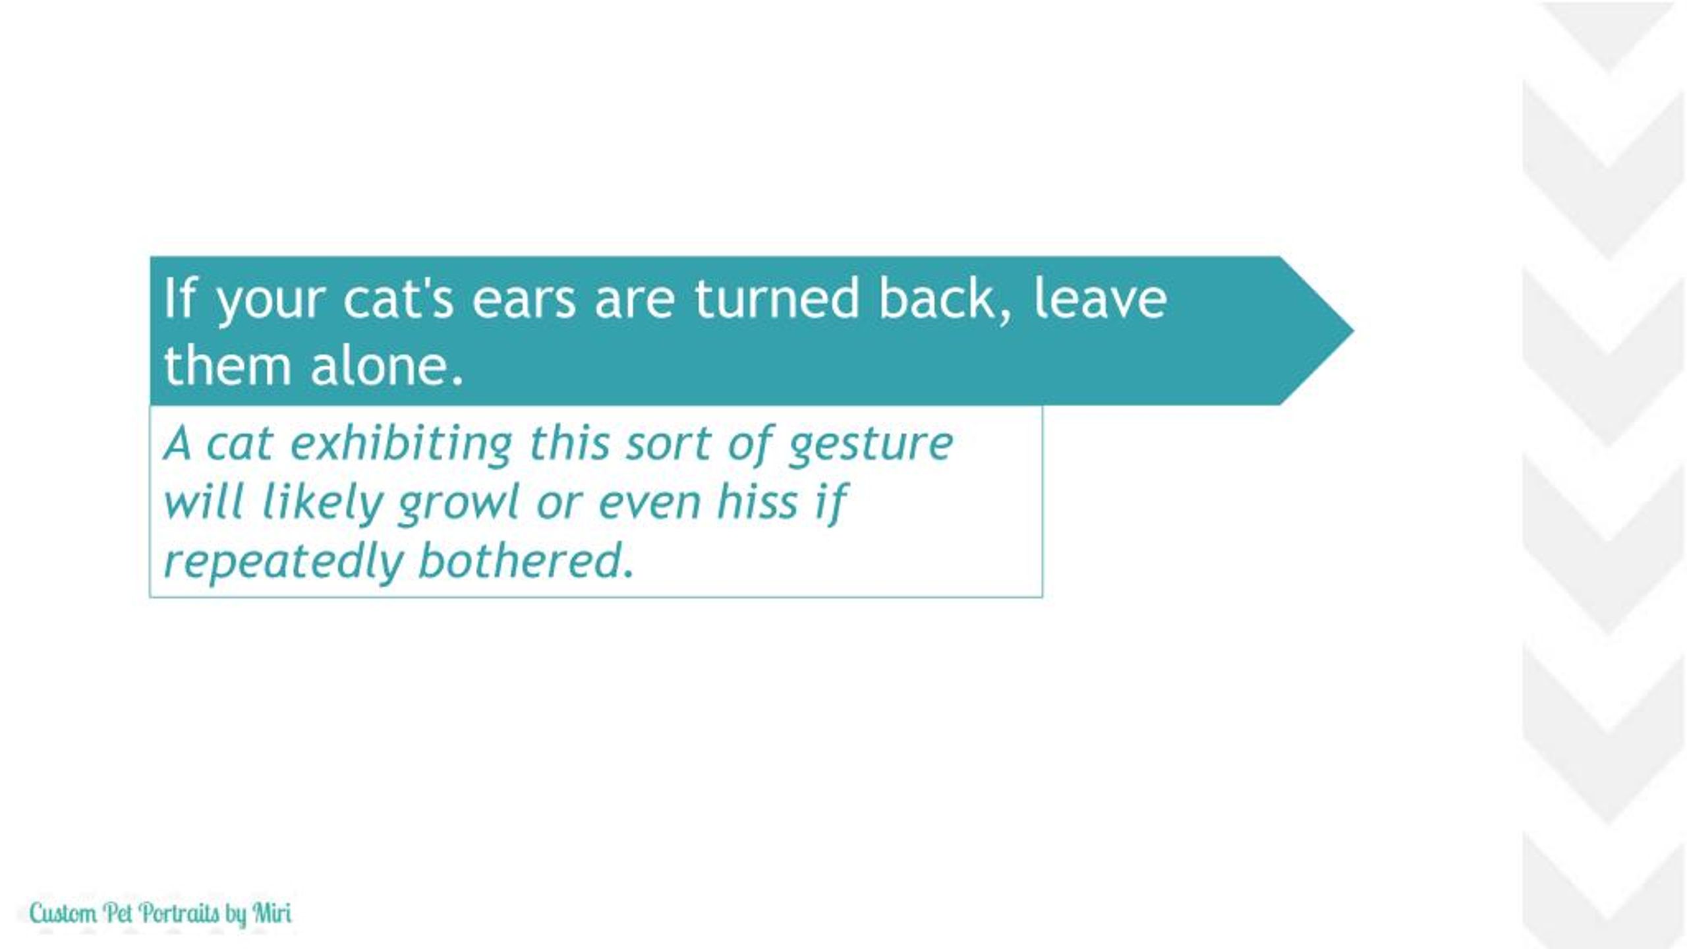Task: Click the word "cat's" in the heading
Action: pos(398,300)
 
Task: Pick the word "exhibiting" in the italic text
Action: pos(401,445)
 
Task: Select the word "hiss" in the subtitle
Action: pos(757,502)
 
